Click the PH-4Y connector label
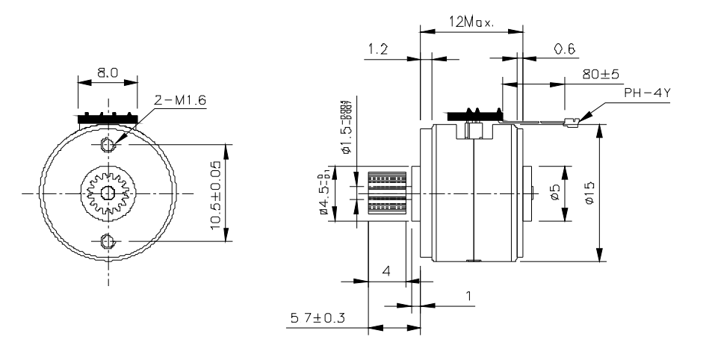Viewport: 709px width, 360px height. tap(647, 95)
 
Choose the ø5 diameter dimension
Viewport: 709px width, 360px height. tap(554, 193)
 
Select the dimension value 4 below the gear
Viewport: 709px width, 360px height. tap(386, 271)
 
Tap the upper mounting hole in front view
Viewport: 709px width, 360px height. tap(107, 143)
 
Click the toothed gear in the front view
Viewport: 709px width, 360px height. tap(107, 193)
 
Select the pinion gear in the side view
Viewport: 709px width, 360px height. tap(388, 193)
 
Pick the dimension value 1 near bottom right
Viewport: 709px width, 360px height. tap(468, 297)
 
